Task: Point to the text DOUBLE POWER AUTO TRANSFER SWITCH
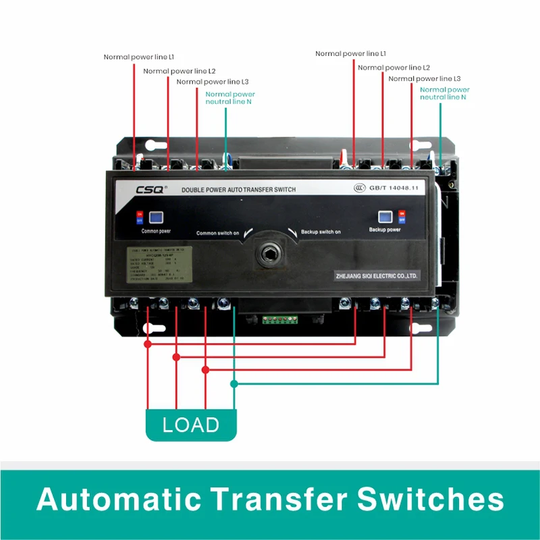(238, 190)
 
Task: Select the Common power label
(156, 231)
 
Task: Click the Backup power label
(385, 230)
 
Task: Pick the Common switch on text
(217, 233)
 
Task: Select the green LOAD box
(191, 425)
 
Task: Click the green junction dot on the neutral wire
(234, 384)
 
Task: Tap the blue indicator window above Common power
(156, 217)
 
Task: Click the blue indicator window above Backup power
(385, 217)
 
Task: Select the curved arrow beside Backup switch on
(291, 232)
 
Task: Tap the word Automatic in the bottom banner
(119, 500)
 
